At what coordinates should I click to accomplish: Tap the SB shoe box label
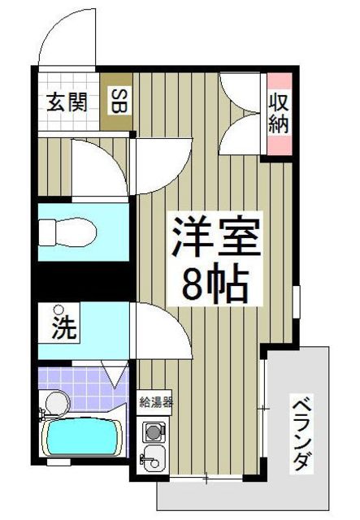117,104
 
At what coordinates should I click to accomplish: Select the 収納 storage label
279,114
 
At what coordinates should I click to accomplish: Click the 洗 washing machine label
65,329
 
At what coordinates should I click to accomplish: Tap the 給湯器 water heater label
155,401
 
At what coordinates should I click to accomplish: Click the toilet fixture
69,232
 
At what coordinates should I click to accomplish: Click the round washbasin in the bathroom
55,401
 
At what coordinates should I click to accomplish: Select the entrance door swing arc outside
68,37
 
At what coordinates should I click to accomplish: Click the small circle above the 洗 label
58,309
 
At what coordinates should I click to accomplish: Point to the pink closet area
279,114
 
